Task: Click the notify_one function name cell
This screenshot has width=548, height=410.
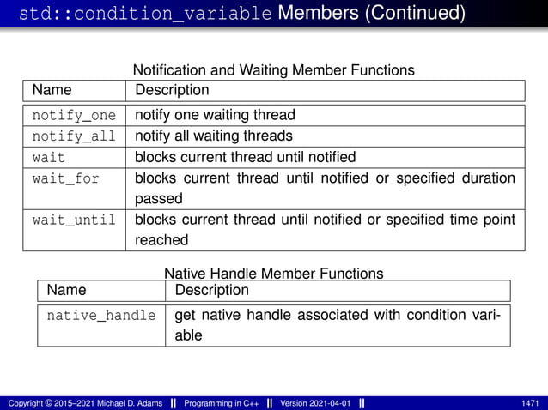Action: point(74,115)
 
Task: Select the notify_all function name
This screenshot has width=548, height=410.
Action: point(74,136)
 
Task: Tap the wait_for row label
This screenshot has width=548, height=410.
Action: point(66,178)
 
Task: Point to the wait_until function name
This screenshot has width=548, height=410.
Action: point(74,220)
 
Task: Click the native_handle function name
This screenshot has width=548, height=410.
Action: point(101,316)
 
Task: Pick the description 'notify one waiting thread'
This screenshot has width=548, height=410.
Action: point(215,115)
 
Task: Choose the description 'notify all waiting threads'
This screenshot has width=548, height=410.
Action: point(214,136)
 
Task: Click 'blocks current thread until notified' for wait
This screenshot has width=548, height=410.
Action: point(245,157)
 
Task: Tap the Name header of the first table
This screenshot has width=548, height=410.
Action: point(52,90)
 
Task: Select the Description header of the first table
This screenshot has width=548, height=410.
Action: point(172,90)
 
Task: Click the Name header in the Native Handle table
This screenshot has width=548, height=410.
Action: point(67,291)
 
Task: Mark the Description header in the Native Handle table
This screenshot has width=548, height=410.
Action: point(211,291)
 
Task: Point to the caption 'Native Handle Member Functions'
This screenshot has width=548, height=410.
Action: point(273,274)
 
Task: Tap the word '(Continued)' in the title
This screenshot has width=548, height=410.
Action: point(411,14)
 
